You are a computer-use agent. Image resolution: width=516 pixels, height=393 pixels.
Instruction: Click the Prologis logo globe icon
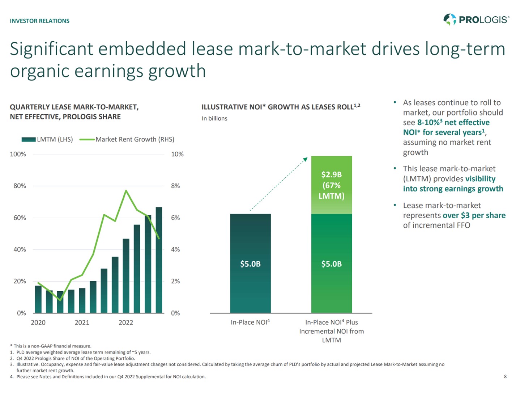[x=449, y=19]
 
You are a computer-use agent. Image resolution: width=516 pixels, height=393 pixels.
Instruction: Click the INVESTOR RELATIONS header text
[x=39, y=21]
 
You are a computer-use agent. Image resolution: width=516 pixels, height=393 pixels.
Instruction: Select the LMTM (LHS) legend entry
[x=47, y=139]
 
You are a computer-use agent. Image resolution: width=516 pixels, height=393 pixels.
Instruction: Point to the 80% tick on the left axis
[x=20, y=186]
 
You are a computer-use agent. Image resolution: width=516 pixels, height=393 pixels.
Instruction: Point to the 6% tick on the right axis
[x=175, y=218]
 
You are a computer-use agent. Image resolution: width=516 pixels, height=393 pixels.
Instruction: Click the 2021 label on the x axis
[x=82, y=322]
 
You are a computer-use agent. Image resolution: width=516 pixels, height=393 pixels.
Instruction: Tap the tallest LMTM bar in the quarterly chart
[x=159, y=261]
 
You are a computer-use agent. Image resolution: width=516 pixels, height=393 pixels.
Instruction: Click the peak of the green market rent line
[x=126, y=191]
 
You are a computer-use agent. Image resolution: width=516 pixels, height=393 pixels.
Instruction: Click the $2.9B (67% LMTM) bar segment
[x=331, y=185]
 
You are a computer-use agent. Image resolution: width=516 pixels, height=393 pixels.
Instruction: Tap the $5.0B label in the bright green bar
[x=331, y=264]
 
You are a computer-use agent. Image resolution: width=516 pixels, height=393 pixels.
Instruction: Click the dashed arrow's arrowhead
[x=305, y=159]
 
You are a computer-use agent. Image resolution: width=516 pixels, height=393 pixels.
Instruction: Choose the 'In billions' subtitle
[x=214, y=118]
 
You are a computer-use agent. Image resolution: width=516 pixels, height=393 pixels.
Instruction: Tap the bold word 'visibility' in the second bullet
[x=480, y=179]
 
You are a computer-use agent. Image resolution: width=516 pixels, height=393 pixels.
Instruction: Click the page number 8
[x=505, y=377]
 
